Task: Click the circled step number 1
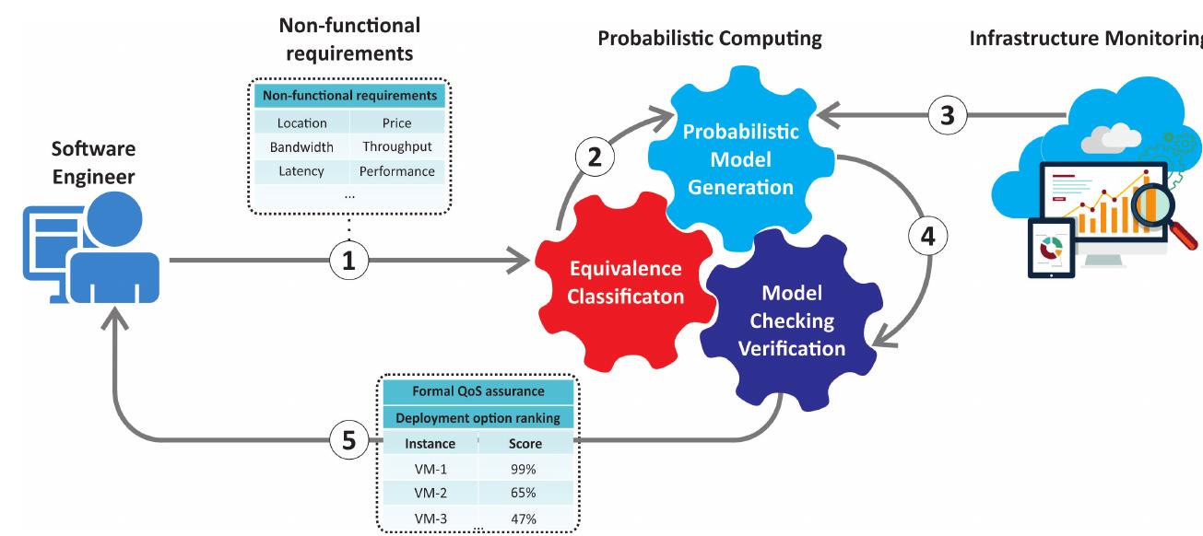(x=348, y=262)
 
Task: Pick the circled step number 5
(x=348, y=440)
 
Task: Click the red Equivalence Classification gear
(x=626, y=282)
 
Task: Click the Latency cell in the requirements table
(x=301, y=171)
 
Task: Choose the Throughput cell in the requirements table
(x=397, y=147)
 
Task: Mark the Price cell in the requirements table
(x=397, y=122)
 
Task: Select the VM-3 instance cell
(x=430, y=519)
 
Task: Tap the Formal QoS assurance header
(x=478, y=390)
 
